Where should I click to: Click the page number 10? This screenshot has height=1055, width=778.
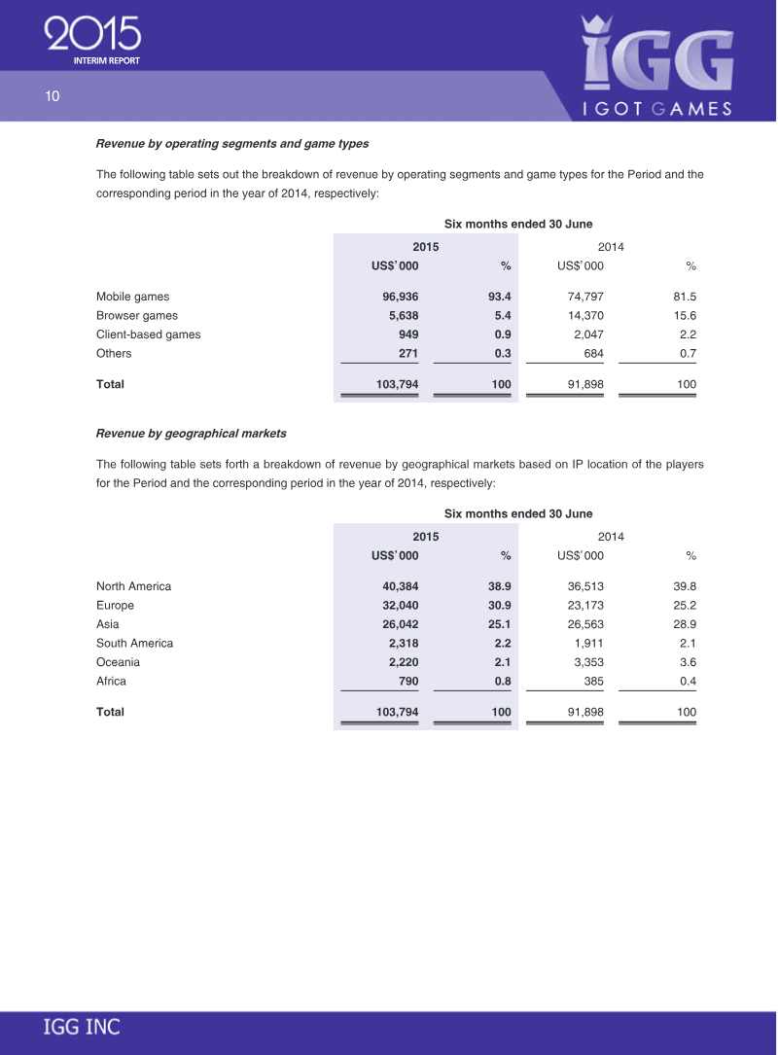[x=52, y=95]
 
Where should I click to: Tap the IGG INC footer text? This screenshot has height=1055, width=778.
[x=82, y=1027]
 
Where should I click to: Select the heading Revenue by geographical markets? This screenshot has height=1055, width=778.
[x=191, y=433]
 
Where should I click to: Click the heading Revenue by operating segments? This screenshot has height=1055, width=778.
[x=231, y=144]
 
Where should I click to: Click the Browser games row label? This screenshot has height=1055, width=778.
[x=137, y=316]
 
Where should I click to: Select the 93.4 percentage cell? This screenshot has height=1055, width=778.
[x=499, y=297]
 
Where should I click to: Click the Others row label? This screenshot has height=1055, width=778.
[x=114, y=354]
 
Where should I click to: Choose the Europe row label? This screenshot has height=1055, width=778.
[x=115, y=606]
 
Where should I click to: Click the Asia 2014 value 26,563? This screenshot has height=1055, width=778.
[x=584, y=624]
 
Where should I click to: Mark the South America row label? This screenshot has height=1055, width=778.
[x=134, y=644]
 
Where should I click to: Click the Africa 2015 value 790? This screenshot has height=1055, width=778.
[x=408, y=682]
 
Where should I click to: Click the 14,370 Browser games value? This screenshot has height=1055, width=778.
[x=584, y=316]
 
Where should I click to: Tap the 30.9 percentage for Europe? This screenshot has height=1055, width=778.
[x=499, y=606]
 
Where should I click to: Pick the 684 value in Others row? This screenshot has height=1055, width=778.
[x=592, y=354]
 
